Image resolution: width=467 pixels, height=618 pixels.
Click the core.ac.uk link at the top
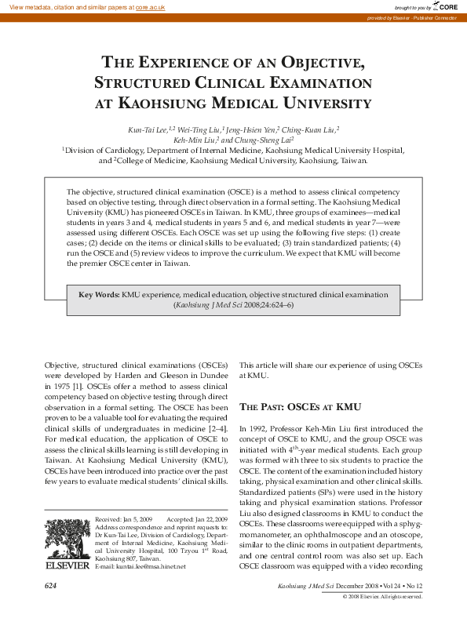pyautogui.click(x=151, y=6)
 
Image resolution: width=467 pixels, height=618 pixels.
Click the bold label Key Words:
pyautogui.click(x=99, y=294)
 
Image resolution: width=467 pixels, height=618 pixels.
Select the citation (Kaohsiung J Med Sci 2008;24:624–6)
pyautogui.click(x=233, y=304)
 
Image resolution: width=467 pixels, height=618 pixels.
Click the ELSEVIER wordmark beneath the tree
pyautogui.click(x=67, y=564)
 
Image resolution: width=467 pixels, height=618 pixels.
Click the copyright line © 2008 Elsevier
pyautogui.click(x=382, y=596)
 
